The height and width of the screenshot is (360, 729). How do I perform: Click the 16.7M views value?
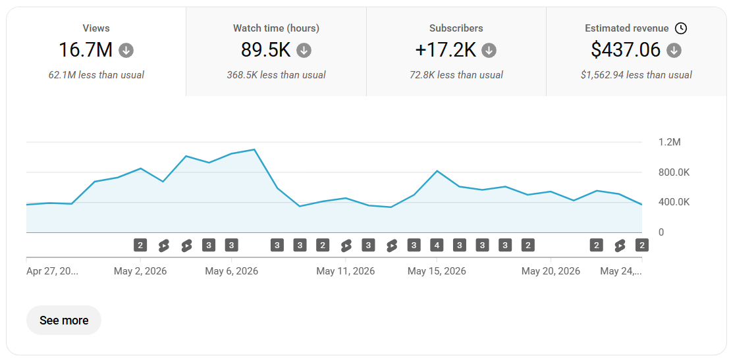tap(86, 50)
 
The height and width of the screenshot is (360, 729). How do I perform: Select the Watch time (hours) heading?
tap(276, 28)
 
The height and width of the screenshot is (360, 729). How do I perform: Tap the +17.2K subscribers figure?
tap(445, 50)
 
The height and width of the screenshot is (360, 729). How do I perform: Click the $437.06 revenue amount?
tap(626, 50)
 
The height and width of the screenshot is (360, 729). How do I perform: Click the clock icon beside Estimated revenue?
tap(681, 28)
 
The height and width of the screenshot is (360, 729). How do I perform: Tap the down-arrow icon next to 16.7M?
tap(126, 50)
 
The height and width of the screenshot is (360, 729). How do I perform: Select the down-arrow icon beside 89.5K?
tap(304, 50)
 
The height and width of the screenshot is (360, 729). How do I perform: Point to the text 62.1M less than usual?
tap(96, 75)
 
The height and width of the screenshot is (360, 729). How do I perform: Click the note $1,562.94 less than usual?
tap(636, 75)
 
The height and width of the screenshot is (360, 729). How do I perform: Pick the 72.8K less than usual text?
tap(456, 75)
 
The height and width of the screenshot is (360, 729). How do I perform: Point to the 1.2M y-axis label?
tap(670, 142)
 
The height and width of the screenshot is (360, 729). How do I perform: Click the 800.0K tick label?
tap(674, 173)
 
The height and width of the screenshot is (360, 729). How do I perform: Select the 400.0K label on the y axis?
tap(674, 203)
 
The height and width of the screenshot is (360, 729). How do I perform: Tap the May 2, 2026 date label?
tap(140, 271)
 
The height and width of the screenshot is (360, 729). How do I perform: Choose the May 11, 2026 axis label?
tap(346, 271)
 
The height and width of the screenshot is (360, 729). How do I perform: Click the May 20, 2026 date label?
tap(551, 271)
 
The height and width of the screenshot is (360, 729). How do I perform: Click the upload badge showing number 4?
tap(437, 245)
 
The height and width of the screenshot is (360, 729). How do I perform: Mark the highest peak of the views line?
tap(254, 149)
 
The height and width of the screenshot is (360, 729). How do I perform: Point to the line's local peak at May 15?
tap(437, 171)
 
